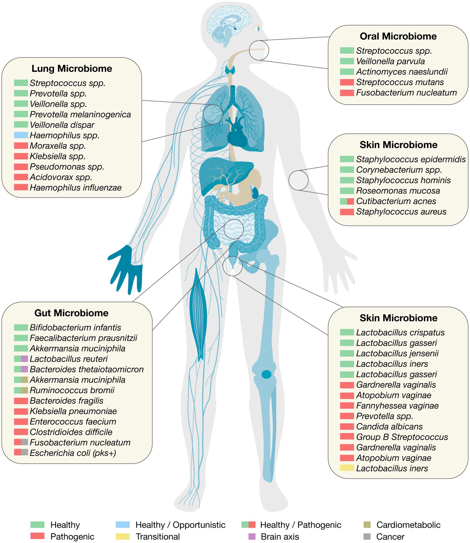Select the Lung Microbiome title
coord(72,68)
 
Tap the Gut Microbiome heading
coord(71,313)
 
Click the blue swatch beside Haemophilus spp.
coord(21,135)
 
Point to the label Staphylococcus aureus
coord(401,212)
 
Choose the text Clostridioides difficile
coord(71,432)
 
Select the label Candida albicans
coord(389,427)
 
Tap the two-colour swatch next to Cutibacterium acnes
coord(347,201)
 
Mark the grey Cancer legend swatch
coord(367,536)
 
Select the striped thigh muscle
coord(198,315)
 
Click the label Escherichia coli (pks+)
coord(73,453)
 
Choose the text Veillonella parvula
coord(390,61)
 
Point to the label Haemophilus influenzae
coord(76,188)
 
